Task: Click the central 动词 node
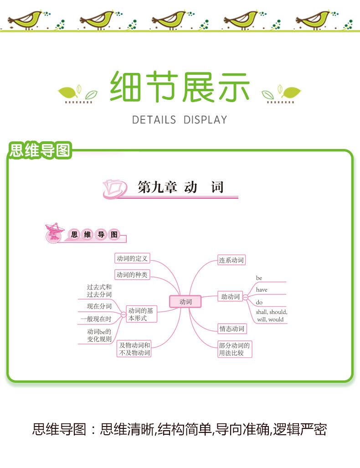[185, 301]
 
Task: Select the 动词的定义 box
[132, 258]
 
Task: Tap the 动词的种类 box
[132, 274]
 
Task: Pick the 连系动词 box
[231, 260]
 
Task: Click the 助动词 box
[230, 297]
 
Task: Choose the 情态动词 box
[231, 329]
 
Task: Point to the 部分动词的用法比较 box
[234, 349]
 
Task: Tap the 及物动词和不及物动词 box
[134, 349]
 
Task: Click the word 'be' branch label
[259, 278]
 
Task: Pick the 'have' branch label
[262, 290]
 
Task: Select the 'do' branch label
[259, 302]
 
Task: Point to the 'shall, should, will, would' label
[271, 316]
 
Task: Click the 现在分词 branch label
[99, 306]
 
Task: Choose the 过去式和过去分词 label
[99, 291]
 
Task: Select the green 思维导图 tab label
[40, 150]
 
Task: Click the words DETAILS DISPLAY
[179, 120]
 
